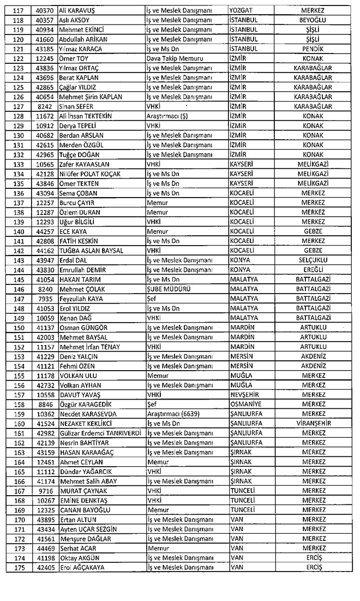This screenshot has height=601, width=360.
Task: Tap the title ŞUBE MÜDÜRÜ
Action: [167, 288]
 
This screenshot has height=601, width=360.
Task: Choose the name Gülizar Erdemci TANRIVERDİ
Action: [101, 432]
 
